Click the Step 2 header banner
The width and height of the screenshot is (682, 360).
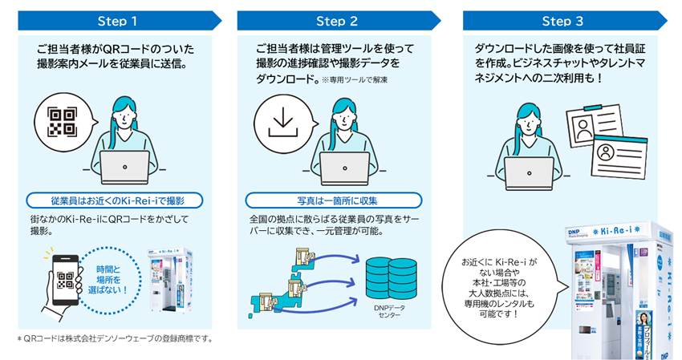[x=337, y=20]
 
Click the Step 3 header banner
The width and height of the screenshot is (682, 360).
[x=562, y=20]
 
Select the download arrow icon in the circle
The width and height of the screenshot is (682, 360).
[x=282, y=123]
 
